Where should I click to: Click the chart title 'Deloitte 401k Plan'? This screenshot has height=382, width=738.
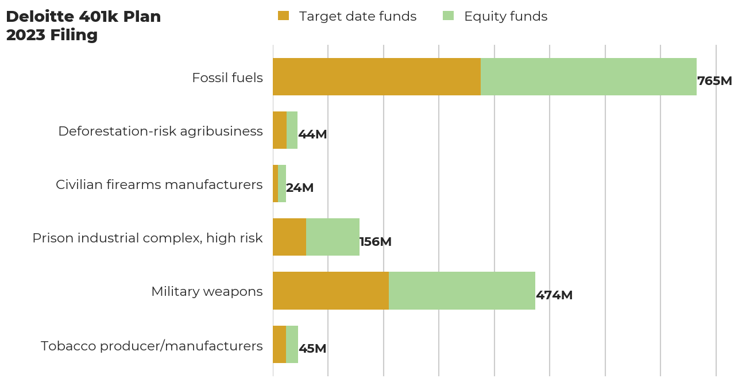[83, 17]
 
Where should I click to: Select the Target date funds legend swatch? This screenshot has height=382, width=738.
[283, 16]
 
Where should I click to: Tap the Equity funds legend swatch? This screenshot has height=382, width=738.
[448, 16]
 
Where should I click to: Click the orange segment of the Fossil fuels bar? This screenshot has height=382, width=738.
[376, 76]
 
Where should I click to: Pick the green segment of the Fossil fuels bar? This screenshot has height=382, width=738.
[588, 76]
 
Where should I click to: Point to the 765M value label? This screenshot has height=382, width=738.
[714, 81]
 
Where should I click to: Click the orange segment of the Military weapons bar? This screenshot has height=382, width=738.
[330, 291]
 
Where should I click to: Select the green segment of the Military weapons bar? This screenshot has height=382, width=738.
[462, 291]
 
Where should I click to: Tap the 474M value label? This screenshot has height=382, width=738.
[554, 295]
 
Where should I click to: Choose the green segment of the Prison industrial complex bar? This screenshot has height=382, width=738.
[333, 237]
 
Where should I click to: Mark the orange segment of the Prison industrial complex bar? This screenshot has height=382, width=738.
[289, 237]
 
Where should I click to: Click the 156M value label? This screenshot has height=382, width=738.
[376, 242]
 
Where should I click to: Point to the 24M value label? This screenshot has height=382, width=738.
[300, 188]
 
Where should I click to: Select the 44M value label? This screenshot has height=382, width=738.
[312, 134]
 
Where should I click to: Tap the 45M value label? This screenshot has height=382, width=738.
[312, 349]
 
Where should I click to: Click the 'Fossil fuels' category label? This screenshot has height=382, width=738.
[227, 78]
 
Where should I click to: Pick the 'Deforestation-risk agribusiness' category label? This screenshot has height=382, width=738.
[160, 131]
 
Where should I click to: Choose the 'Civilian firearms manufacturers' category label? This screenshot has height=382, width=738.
[159, 184]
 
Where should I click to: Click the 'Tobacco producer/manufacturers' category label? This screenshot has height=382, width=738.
[152, 346]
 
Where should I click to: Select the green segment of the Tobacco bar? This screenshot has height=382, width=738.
[292, 344]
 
